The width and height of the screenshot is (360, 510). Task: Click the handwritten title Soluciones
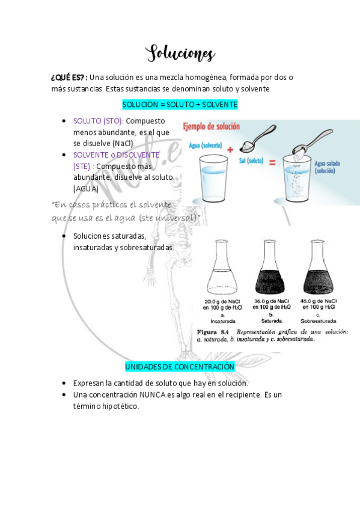pyautogui.click(x=180, y=54)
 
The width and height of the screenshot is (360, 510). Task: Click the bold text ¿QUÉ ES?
pyautogui.click(x=69, y=78)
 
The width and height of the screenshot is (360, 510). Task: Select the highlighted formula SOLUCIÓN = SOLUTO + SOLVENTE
pyautogui.click(x=180, y=105)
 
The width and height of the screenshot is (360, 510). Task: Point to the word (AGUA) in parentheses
pyautogui.click(x=86, y=189)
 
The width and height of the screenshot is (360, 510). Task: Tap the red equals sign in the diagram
pyautogui.click(x=272, y=162)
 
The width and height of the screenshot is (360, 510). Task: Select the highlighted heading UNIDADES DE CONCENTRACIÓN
pyautogui.click(x=180, y=366)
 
